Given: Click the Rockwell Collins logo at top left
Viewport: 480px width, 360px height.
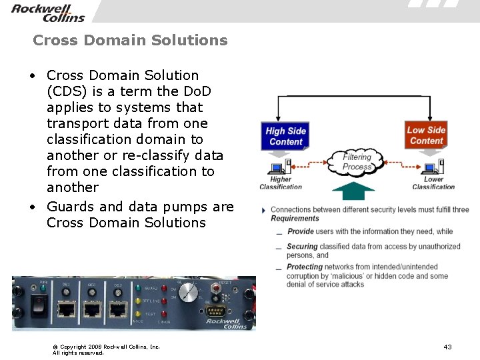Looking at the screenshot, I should (48, 12).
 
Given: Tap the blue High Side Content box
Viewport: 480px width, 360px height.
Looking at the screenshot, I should (285, 136).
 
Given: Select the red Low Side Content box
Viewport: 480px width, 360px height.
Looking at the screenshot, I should (427, 135).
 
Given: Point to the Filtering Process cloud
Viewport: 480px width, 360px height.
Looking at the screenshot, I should (357, 162).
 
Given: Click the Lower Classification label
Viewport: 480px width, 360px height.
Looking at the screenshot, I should (433, 183).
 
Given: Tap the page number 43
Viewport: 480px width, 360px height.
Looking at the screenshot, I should (447, 347).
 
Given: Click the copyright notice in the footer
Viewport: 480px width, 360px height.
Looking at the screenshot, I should (106, 349).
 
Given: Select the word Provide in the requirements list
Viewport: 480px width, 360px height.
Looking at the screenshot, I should (301, 231).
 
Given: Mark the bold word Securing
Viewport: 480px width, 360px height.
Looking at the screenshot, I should (302, 246).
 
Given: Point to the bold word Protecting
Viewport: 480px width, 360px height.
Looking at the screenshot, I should (305, 267).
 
